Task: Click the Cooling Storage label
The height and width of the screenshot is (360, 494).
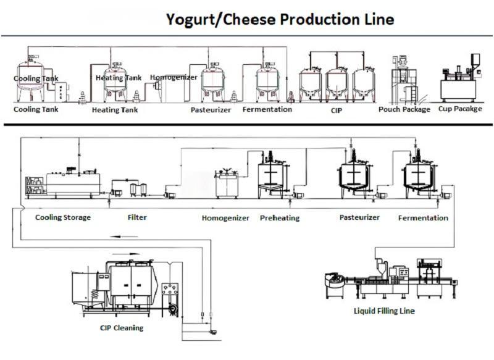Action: click(63, 217)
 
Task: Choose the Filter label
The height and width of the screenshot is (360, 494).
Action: click(136, 217)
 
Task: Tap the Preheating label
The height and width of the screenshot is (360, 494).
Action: click(279, 218)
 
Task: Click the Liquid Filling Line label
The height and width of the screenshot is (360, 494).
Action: click(385, 311)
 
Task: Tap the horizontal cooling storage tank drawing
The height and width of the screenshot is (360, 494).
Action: click(73, 182)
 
